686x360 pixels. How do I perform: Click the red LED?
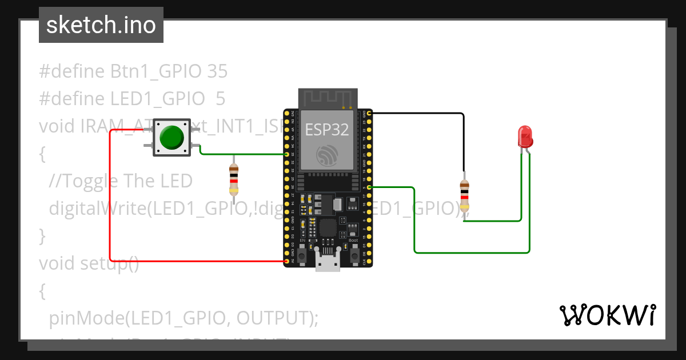pos(525,137)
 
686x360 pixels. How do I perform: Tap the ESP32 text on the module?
pos(326,129)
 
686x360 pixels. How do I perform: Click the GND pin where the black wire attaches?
pos(370,114)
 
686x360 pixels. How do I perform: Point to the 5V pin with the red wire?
pos(287,261)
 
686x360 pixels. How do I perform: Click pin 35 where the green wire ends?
pos(287,154)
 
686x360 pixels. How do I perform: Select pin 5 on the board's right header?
pos(370,187)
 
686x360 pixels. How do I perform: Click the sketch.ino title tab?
pos(101,25)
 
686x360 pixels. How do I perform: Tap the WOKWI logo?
pos(607,315)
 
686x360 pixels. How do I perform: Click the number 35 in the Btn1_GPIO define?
pos(217,71)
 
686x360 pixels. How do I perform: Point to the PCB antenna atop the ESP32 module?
pos(328,98)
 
